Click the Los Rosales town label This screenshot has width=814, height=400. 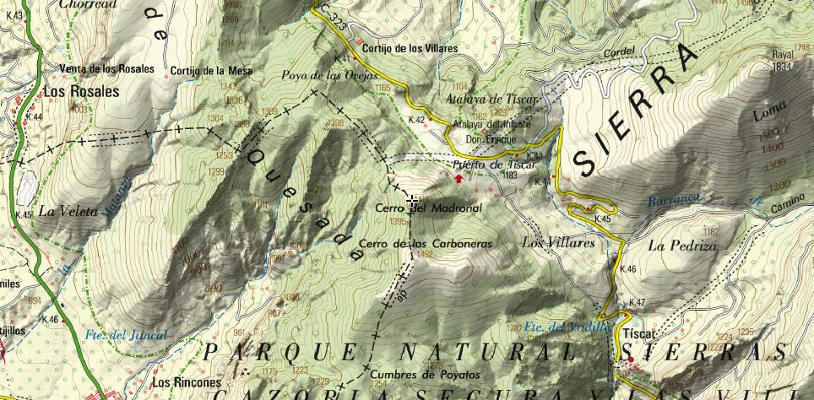tap(82, 92)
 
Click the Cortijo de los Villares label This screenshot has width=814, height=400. tap(410, 49)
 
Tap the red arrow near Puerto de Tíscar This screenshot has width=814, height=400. tap(459, 177)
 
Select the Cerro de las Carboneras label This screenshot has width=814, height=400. tap(425, 244)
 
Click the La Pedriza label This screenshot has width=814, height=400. tap(682, 246)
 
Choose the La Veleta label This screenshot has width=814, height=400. tap(68, 210)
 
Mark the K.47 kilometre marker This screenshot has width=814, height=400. tap(637, 303)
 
